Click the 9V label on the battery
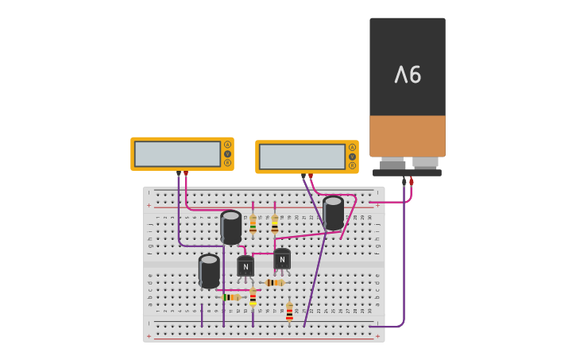(408, 75)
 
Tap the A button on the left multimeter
(227, 145)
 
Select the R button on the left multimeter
(227, 163)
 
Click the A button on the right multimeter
(352, 148)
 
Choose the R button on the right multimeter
(352, 165)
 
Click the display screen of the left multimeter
(177, 153)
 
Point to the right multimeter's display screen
(302, 157)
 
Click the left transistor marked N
(245, 266)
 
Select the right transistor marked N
(282, 259)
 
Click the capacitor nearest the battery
(333, 212)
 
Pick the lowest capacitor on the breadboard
(209, 271)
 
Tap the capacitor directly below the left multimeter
(230, 227)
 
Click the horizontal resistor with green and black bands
(231, 297)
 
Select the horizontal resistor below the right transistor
(274, 282)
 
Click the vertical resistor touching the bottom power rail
(289, 312)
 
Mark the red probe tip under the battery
(412, 180)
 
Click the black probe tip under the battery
(404, 181)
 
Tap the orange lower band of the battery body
(408, 136)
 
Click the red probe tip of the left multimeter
(186, 172)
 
